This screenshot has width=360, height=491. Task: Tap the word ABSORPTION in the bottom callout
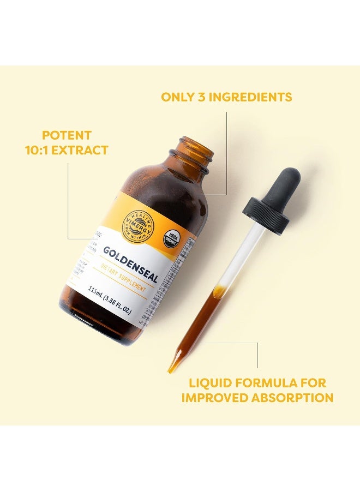click(292, 398)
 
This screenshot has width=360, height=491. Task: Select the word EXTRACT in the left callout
click(82, 150)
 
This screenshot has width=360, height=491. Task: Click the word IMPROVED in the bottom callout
click(213, 398)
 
